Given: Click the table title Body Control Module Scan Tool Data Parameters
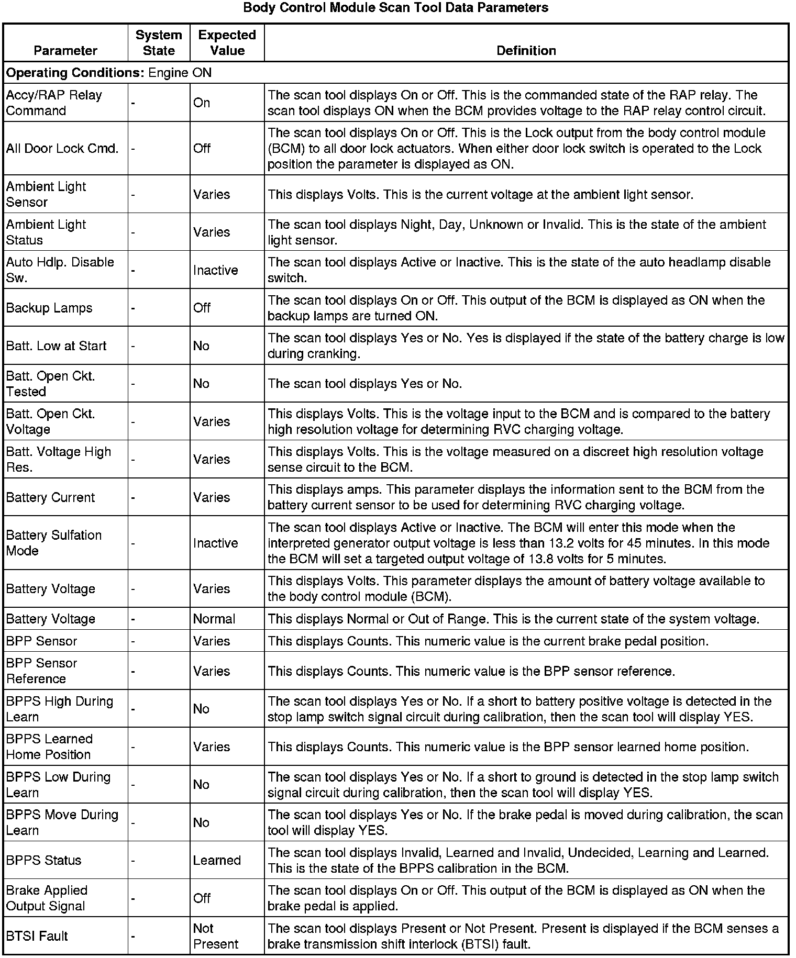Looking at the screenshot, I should click(395, 8).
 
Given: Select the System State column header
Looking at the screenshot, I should click(159, 43).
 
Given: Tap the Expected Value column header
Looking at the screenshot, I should click(227, 43).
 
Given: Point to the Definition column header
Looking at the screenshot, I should click(526, 51).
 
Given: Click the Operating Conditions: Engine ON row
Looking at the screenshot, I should click(109, 73).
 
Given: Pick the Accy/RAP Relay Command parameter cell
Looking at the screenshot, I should click(54, 103).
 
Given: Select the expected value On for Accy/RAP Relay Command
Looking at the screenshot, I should click(202, 103).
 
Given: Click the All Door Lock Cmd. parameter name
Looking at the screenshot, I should click(62, 149).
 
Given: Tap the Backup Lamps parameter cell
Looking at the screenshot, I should click(49, 308).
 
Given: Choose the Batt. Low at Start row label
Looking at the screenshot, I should click(56, 346).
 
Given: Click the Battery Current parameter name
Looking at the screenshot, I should click(50, 497).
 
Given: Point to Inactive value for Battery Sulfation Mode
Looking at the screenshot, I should click(215, 543).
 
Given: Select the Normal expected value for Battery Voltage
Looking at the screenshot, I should click(214, 619).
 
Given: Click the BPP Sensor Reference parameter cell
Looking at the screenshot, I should click(42, 671).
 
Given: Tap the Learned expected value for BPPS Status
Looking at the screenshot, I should click(217, 861).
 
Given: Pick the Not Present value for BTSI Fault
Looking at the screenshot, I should click(215, 936).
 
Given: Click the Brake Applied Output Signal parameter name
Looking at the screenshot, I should click(47, 898).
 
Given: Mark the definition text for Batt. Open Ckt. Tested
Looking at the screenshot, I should click(365, 384).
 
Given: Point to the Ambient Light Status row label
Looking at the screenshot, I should click(46, 232).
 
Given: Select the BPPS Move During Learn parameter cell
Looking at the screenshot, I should click(62, 822).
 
